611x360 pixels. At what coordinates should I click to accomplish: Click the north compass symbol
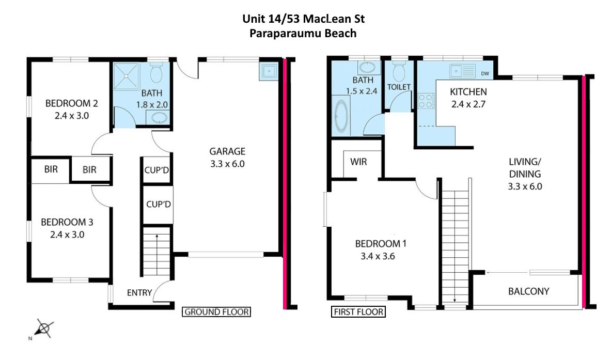pos(43,328)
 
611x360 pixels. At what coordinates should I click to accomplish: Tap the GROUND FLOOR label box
pos(216,311)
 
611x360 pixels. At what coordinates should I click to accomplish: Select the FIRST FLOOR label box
pos(358,311)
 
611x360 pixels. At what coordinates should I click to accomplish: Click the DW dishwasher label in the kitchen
pos(485,73)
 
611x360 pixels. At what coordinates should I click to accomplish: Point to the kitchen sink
pos(463,71)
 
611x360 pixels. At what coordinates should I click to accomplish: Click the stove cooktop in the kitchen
pos(426,101)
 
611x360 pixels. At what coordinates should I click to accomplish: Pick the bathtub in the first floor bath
pos(341,115)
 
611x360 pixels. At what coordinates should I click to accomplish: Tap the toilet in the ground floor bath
pos(156,73)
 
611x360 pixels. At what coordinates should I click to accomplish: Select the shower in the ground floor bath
pos(126,76)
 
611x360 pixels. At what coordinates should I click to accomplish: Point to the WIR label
pos(358,161)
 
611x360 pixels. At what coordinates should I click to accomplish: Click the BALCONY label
pos(528,291)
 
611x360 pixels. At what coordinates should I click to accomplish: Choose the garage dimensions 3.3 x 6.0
pos(227,164)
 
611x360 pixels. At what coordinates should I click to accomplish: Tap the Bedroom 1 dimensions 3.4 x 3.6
pos(378,256)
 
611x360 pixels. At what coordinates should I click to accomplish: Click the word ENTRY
pos(139,293)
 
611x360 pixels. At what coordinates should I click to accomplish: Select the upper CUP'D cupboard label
pos(156,170)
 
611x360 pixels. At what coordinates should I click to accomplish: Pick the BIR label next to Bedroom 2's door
pos(89,169)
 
